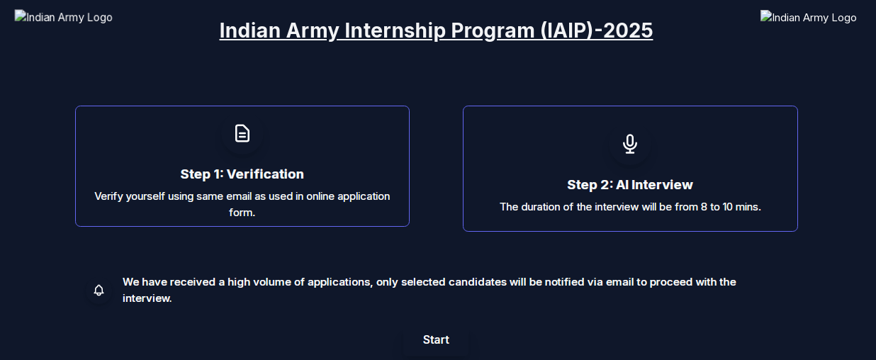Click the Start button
coord(436,340)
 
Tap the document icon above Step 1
coord(242,133)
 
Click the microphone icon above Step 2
coord(630,144)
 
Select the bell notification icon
coord(99,290)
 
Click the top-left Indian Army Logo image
coord(64,17)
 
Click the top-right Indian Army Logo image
coord(809,17)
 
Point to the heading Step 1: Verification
coord(242,174)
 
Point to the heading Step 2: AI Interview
coord(630,185)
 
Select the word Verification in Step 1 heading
coord(265,174)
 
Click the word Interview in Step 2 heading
coord(662,185)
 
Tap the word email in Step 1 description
coord(240,196)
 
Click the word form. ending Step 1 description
coord(242,213)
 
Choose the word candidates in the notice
coord(477,282)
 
